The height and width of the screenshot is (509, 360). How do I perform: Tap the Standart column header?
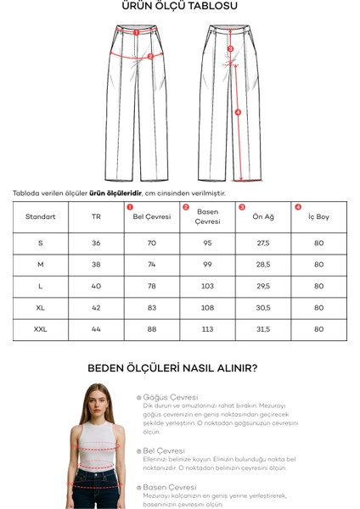pyautogui.click(x=41, y=217)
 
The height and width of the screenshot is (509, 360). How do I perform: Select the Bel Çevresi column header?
pyautogui.click(x=152, y=217)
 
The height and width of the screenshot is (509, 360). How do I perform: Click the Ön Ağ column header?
pyautogui.click(x=262, y=217)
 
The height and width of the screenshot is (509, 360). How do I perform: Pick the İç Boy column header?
pyautogui.click(x=318, y=217)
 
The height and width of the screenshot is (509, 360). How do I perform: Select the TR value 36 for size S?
pyautogui.click(x=96, y=243)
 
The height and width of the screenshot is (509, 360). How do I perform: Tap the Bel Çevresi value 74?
pyautogui.click(x=152, y=265)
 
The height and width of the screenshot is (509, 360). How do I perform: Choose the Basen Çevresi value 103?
pyautogui.click(x=207, y=286)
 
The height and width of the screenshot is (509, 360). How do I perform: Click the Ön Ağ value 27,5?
pyautogui.click(x=262, y=243)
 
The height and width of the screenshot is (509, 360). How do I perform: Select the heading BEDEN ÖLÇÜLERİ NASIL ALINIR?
pyautogui.click(x=173, y=368)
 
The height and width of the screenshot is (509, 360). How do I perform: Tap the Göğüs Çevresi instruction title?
pyautogui.click(x=171, y=397)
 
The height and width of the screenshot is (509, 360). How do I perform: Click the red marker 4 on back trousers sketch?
pyautogui.click(x=238, y=112)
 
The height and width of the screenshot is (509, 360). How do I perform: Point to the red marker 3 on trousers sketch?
pyautogui.click(x=230, y=49)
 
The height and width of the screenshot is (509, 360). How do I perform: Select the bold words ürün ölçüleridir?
pyautogui.click(x=115, y=193)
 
